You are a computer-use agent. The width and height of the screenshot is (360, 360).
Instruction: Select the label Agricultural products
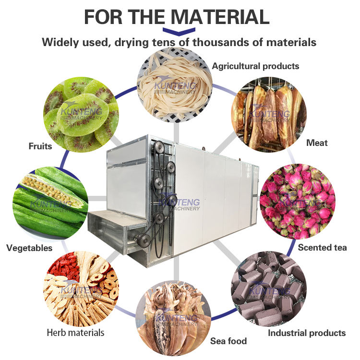tap(255, 66)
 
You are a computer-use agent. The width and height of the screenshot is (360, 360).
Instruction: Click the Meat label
tap(317, 143)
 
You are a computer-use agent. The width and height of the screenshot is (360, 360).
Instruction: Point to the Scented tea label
tap(322, 248)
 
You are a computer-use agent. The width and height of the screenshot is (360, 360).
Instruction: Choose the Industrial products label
tap(306, 333)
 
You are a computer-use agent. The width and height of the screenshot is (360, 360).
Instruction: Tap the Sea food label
tap(228, 341)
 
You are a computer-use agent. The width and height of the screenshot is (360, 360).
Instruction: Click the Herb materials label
tap(75, 332)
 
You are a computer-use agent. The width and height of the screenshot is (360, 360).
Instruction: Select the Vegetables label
tap(29, 248)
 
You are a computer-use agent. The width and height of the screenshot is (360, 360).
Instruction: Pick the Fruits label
tap(40, 146)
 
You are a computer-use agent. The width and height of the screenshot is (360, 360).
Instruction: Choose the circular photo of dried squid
tap(173, 317)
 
